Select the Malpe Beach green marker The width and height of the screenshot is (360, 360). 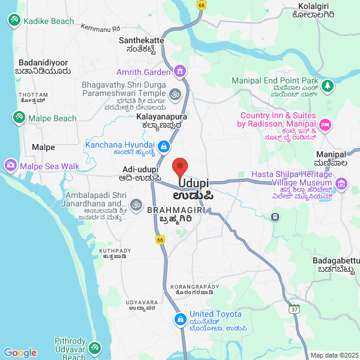tap(19, 118)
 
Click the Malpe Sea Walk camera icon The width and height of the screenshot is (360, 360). tap(10, 165)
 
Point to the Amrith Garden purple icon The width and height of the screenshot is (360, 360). tap(179, 72)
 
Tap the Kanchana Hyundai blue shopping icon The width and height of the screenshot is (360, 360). tap(163, 146)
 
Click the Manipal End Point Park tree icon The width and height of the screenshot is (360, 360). tap(328, 86)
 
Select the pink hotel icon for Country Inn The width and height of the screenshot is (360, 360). tap(326, 125)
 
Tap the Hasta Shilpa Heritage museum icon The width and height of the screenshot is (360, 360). tap(342, 183)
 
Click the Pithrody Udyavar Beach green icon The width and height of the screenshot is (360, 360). tap(94, 347)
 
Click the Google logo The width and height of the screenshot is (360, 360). tap(20, 353)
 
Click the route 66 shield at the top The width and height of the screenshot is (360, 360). tap(201, 5)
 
